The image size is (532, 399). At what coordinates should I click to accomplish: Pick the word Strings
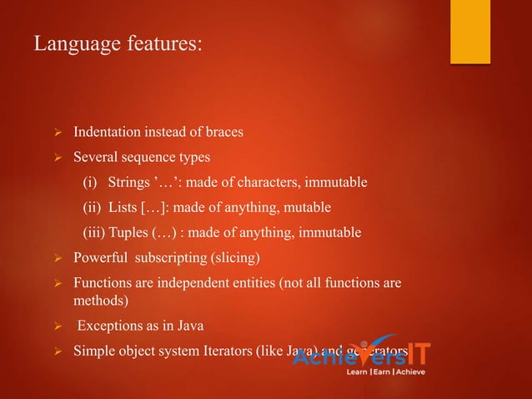point(128,182)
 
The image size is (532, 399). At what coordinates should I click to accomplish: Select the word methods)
point(98,300)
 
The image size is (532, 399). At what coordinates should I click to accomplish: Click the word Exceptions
point(113,326)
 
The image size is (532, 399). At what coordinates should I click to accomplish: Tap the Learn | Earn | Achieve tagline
point(385,371)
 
